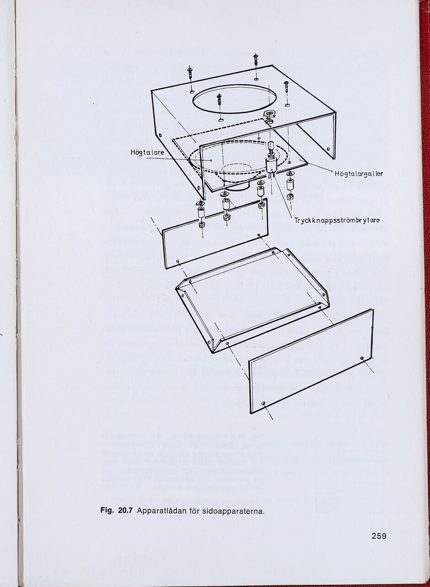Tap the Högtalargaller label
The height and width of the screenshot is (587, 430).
[358, 173]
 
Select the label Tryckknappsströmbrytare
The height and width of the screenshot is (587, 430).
[337, 220]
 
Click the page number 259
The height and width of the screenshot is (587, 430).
[379, 536]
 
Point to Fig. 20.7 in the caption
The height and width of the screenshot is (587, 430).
[116, 510]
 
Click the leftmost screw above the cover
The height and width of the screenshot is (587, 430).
[190, 73]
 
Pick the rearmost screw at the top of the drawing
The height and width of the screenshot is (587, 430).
[255, 60]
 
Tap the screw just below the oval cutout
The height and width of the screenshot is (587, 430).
[219, 99]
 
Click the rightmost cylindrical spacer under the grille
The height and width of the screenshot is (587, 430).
[290, 185]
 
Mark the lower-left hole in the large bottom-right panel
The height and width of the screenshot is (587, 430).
[264, 403]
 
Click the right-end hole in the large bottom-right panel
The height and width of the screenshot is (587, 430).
[362, 358]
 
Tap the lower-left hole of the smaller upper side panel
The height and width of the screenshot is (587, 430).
[177, 262]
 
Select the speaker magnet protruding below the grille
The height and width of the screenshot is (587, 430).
[237, 186]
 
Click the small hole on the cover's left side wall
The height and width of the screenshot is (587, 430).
[160, 135]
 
